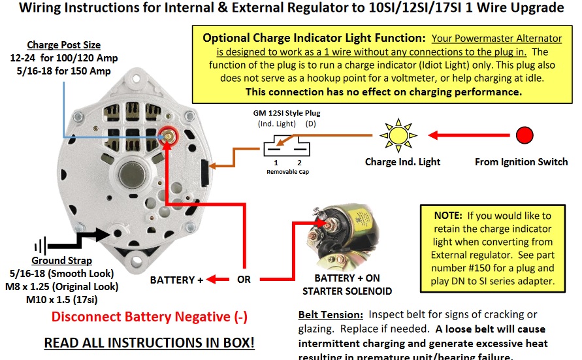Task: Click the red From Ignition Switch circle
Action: (524, 135)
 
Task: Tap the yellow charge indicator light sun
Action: (398, 135)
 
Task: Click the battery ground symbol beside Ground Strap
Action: (40, 246)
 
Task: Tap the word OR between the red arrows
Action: (244, 280)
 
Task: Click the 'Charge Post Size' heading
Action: (64, 45)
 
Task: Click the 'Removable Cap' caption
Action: (287, 172)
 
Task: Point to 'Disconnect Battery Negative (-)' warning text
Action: (150, 318)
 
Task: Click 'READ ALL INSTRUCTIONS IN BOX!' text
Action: (149, 342)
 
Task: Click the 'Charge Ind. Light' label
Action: (402, 161)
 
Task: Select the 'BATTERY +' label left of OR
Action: (177, 280)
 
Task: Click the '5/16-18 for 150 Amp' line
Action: (65, 71)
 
